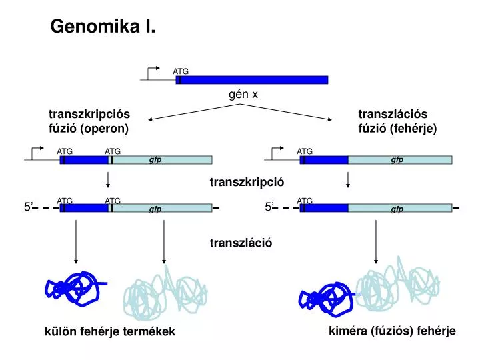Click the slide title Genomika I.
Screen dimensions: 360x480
click(x=103, y=27)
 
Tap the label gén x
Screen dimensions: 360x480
click(x=243, y=95)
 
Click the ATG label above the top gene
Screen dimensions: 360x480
click(x=181, y=71)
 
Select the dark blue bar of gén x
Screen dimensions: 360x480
click(x=253, y=80)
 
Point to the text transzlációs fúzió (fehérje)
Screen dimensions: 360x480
click(x=397, y=121)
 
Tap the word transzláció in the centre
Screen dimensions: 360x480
click(x=241, y=243)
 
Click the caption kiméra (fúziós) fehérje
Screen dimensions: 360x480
click(x=392, y=331)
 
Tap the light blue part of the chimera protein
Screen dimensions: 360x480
click(x=393, y=283)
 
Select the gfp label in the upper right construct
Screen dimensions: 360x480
click(x=397, y=160)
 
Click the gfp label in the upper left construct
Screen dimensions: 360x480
click(x=155, y=160)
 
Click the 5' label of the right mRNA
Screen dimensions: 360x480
click(x=269, y=207)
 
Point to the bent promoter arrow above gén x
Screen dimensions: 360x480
click(x=153, y=72)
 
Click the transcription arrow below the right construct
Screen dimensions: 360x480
click(x=348, y=180)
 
